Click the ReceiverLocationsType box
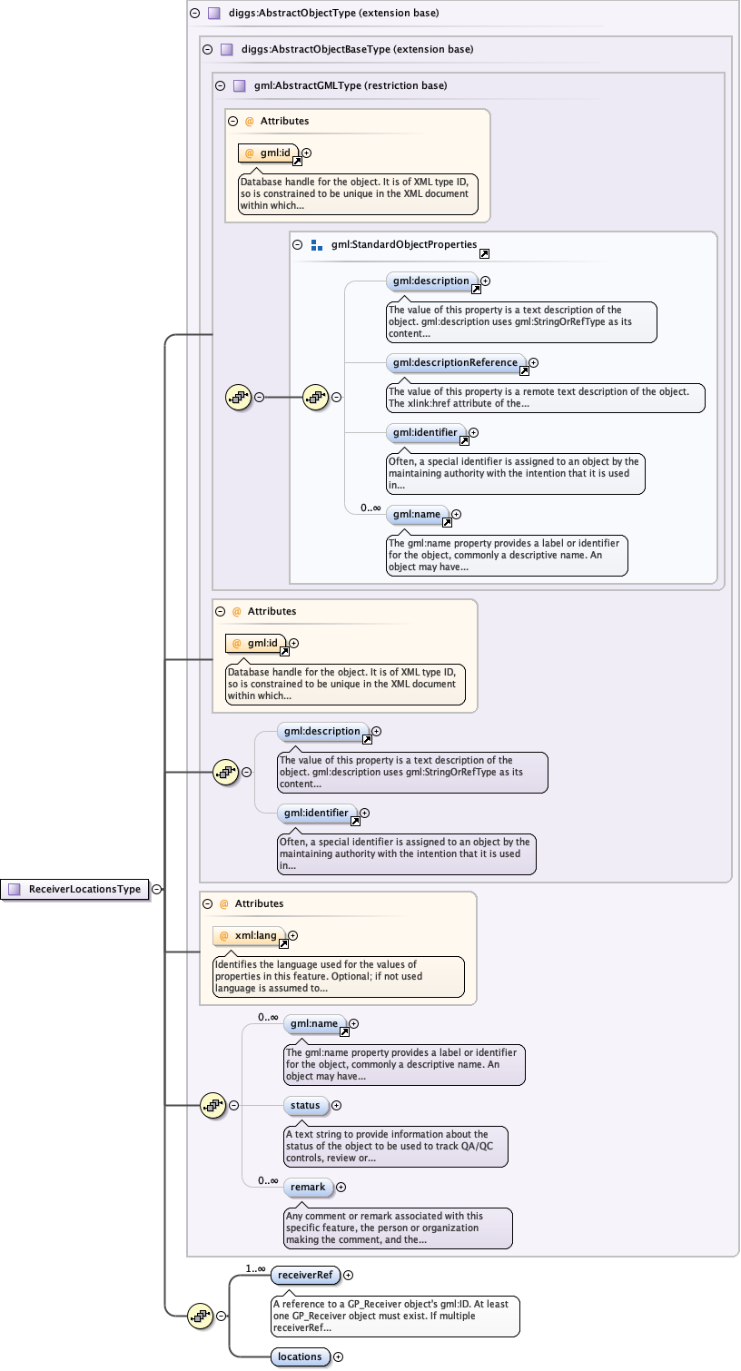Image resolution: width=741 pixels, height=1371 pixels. pos(77,889)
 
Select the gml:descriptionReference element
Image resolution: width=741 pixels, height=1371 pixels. pos(455,362)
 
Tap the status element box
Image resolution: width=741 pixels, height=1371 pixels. pos(306,1105)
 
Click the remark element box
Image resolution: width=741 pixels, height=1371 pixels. pos(308,1187)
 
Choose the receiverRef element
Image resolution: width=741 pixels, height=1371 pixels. pos(304,1275)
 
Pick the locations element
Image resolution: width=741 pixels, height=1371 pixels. pos(300,1356)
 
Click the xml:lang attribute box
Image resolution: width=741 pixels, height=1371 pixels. pos(249,935)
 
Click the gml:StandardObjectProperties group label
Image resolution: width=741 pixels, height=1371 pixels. pos(403,244)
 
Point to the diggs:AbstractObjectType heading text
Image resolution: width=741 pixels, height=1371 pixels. pos(335,14)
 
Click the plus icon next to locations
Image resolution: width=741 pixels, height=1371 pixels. pos(339,1356)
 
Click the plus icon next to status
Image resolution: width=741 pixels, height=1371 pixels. pos(337,1105)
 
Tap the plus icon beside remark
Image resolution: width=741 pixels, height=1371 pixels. pos(341,1187)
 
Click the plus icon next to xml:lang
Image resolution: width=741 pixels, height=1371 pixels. pos(292,935)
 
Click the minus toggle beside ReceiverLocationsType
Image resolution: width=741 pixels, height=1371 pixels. pos(157,889)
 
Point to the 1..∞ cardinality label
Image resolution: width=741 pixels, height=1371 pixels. pos(255,1268)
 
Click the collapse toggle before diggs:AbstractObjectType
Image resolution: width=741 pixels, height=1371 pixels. pos(194,14)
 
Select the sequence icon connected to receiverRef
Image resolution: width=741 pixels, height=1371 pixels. pos(199,1315)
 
